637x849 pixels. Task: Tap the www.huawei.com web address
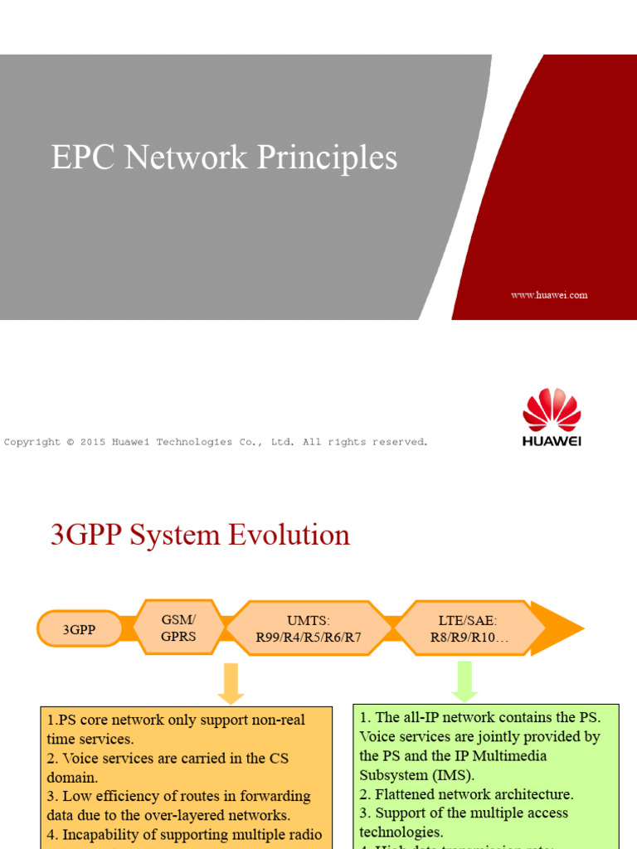[x=549, y=295]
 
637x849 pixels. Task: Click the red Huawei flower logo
[x=552, y=410]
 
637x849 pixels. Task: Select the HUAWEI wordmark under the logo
[x=552, y=441]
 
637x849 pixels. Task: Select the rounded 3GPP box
[x=80, y=629]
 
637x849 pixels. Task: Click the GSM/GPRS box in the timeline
[x=178, y=629]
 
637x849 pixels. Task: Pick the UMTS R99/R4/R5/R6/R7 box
[x=308, y=629]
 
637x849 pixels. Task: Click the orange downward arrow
[x=231, y=683]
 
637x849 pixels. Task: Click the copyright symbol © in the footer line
[x=71, y=442]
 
